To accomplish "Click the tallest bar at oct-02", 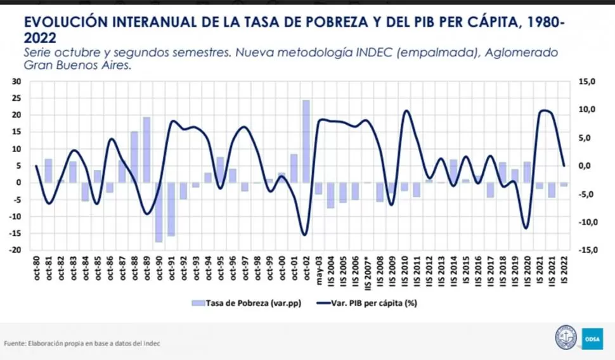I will tap(306, 141).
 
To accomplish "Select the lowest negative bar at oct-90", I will tap(159, 212).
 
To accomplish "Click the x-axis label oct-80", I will tap(37, 267).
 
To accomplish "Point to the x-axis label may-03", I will tap(318, 266).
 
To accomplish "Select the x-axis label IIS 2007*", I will tap(367, 269).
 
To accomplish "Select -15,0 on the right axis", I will tap(584, 250).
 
